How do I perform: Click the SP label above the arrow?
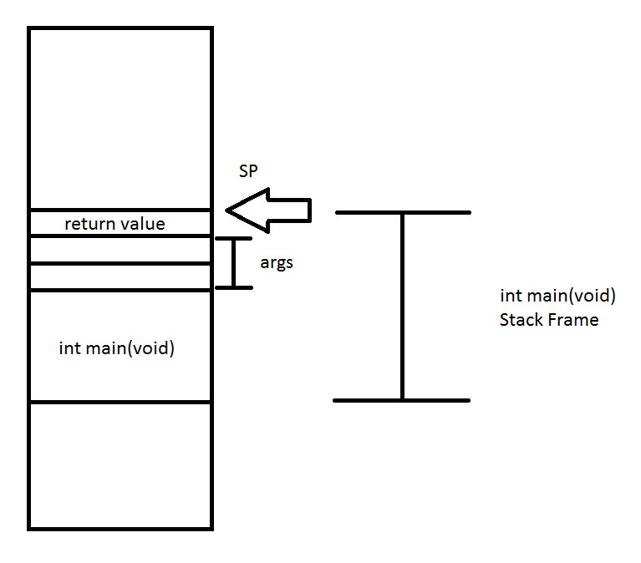coord(248,170)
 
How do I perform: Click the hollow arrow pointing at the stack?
coord(268,210)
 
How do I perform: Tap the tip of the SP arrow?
coord(226,210)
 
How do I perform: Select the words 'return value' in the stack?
coord(114,224)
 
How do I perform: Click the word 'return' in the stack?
coord(90,225)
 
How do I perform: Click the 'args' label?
coord(277,263)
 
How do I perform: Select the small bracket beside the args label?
coord(234,263)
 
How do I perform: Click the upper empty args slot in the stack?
coord(120,250)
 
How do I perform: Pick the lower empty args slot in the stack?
coord(120,277)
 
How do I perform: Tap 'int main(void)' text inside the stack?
coord(117,348)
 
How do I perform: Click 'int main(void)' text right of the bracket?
coord(558,296)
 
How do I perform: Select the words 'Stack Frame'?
coord(549,320)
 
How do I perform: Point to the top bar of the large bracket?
coord(403,212)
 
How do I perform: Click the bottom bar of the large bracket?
coord(402,400)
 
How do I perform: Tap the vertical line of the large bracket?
coord(403,307)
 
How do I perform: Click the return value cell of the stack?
coord(120,224)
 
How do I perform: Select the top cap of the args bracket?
coord(234,239)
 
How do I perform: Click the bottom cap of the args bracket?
coord(234,287)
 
